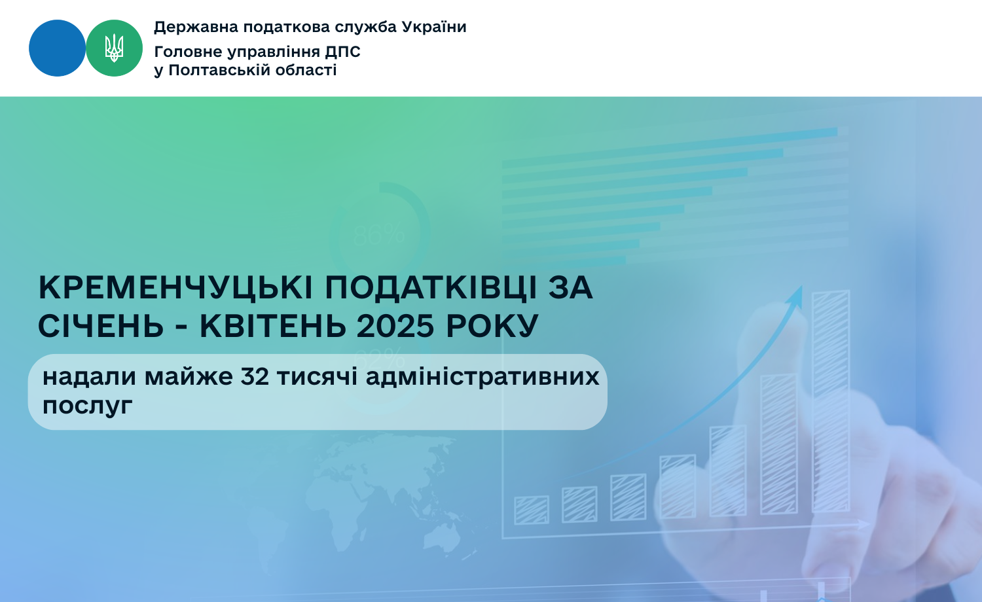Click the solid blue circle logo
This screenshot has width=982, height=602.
(x=57, y=48)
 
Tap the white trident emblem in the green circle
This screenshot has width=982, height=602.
(x=114, y=48)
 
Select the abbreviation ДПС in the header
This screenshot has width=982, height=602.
(x=342, y=52)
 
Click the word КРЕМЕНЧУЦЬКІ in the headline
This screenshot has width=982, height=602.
(x=175, y=289)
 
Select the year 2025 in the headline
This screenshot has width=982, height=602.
(x=395, y=327)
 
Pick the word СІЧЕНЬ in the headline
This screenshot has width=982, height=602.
(x=101, y=327)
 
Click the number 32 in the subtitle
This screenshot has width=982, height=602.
(x=254, y=377)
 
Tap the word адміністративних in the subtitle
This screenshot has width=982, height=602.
(x=482, y=378)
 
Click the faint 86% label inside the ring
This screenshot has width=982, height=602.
(x=379, y=235)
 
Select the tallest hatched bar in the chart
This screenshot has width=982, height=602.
(x=831, y=401)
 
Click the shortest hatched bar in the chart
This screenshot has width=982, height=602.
(x=532, y=510)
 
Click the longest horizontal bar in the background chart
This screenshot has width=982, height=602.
(x=670, y=147)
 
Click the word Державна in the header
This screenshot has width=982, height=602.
(x=196, y=27)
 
